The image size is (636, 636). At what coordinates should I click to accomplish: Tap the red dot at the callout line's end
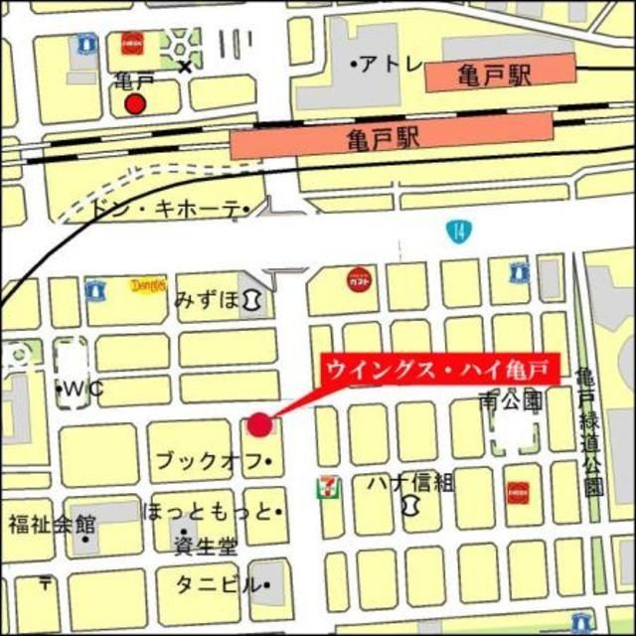click(x=259, y=424)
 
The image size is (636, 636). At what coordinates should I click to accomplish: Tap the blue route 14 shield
click(x=456, y=232)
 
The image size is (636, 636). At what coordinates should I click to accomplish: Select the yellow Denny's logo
click(x=147, y=286)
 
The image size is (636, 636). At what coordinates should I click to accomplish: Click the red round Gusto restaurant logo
click(x=358, y=280)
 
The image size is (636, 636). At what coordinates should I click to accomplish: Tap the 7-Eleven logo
click(x=326, y=487)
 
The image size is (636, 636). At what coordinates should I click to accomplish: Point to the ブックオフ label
click(x=211, y=461)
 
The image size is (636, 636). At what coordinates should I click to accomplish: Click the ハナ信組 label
click(x=409, y=483)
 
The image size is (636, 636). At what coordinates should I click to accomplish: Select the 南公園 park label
click(x=510, y=402)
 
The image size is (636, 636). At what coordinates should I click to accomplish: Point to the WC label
click(x=84, y=389)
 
